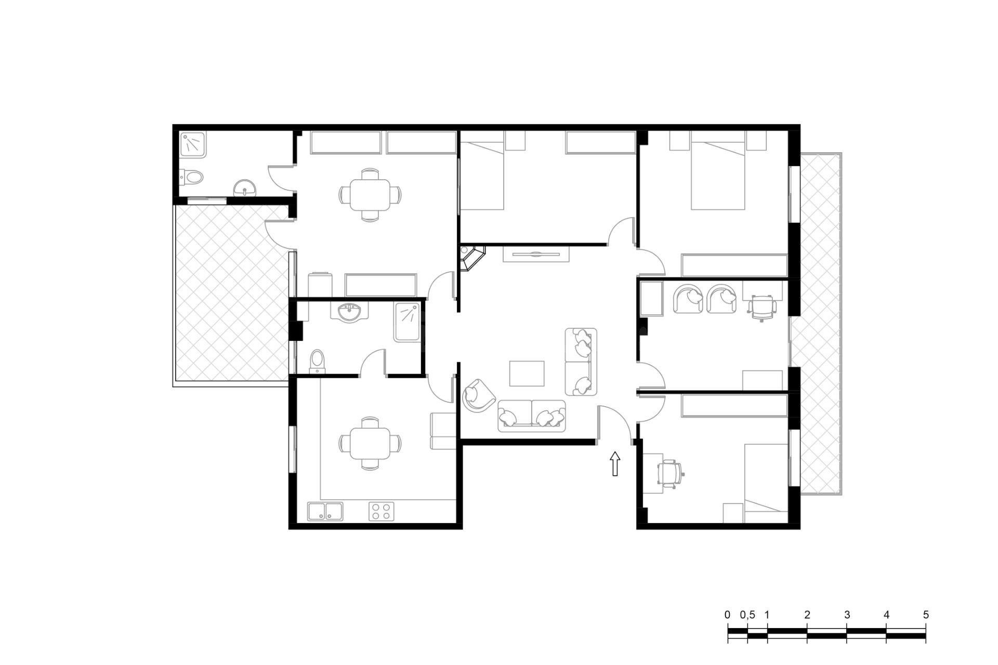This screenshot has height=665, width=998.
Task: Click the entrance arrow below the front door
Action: tap(615, 463)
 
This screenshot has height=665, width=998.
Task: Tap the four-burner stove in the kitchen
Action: tap(382, 511)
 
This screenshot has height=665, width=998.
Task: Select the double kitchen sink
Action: tap(325, 511)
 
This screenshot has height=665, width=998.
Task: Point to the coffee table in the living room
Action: tap(527, 374)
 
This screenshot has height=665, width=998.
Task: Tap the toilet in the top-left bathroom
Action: tap(191, 178)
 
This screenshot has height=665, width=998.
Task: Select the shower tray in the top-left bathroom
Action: tap(193, 145)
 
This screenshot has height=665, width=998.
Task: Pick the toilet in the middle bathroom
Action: tap(317, 362)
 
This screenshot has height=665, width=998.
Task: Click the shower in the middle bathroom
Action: tap(407, 322)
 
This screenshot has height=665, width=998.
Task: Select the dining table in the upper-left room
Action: tap(370, 195)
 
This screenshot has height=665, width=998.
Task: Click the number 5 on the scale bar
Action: tap(926, 615)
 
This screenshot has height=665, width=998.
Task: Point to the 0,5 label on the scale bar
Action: tap(747, 615)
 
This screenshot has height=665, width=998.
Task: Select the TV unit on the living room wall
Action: tap(536, 254)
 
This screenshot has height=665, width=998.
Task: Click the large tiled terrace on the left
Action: tap(232, 294)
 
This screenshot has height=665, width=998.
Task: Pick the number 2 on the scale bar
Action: tap(807, 615)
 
